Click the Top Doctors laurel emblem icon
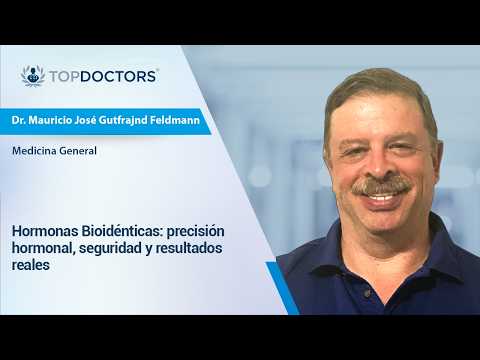tap(33, 76)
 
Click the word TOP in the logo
tap(65, 77)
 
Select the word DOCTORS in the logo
tap(118, 77)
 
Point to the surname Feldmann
tap(175, 120)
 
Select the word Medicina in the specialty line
tap(34, 151)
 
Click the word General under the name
tap(77, 151)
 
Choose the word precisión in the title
tap(196, 231)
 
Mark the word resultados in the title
tap(189, 248)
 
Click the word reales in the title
tap(31, 266)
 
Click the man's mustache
tap(381, 185)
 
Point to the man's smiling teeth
tap(382, 197)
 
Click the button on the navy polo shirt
tap(367, 293)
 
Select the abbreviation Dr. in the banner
tap(18, 120)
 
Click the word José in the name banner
tap(85, 120)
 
